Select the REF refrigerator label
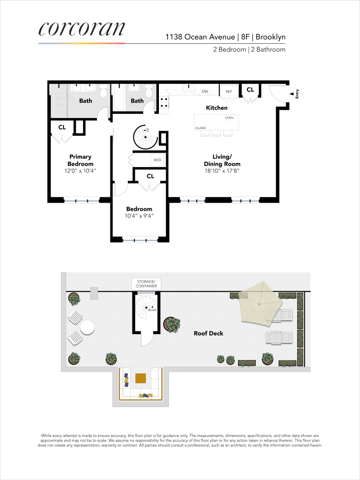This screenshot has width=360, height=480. tap(229, 91)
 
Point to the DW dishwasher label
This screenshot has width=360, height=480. tap(204, 91)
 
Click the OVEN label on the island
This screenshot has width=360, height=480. tap(229, 118)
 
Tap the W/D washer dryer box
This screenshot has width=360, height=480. tap(157, 160)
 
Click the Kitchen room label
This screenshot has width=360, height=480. tap(216, 108)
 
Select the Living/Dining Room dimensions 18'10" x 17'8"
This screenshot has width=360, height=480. tap(222, 170)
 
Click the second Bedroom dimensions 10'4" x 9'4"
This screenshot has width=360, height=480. tap(139, 216)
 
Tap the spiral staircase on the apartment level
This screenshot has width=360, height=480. tap(146, 137)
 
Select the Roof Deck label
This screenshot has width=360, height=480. tap(208, 333)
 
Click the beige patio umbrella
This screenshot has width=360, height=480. tap(260, 303)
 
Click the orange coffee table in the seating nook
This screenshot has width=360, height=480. tap(141, 378)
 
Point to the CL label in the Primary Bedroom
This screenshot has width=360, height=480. tap(62, 127)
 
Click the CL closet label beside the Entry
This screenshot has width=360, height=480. tap(250, 90)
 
